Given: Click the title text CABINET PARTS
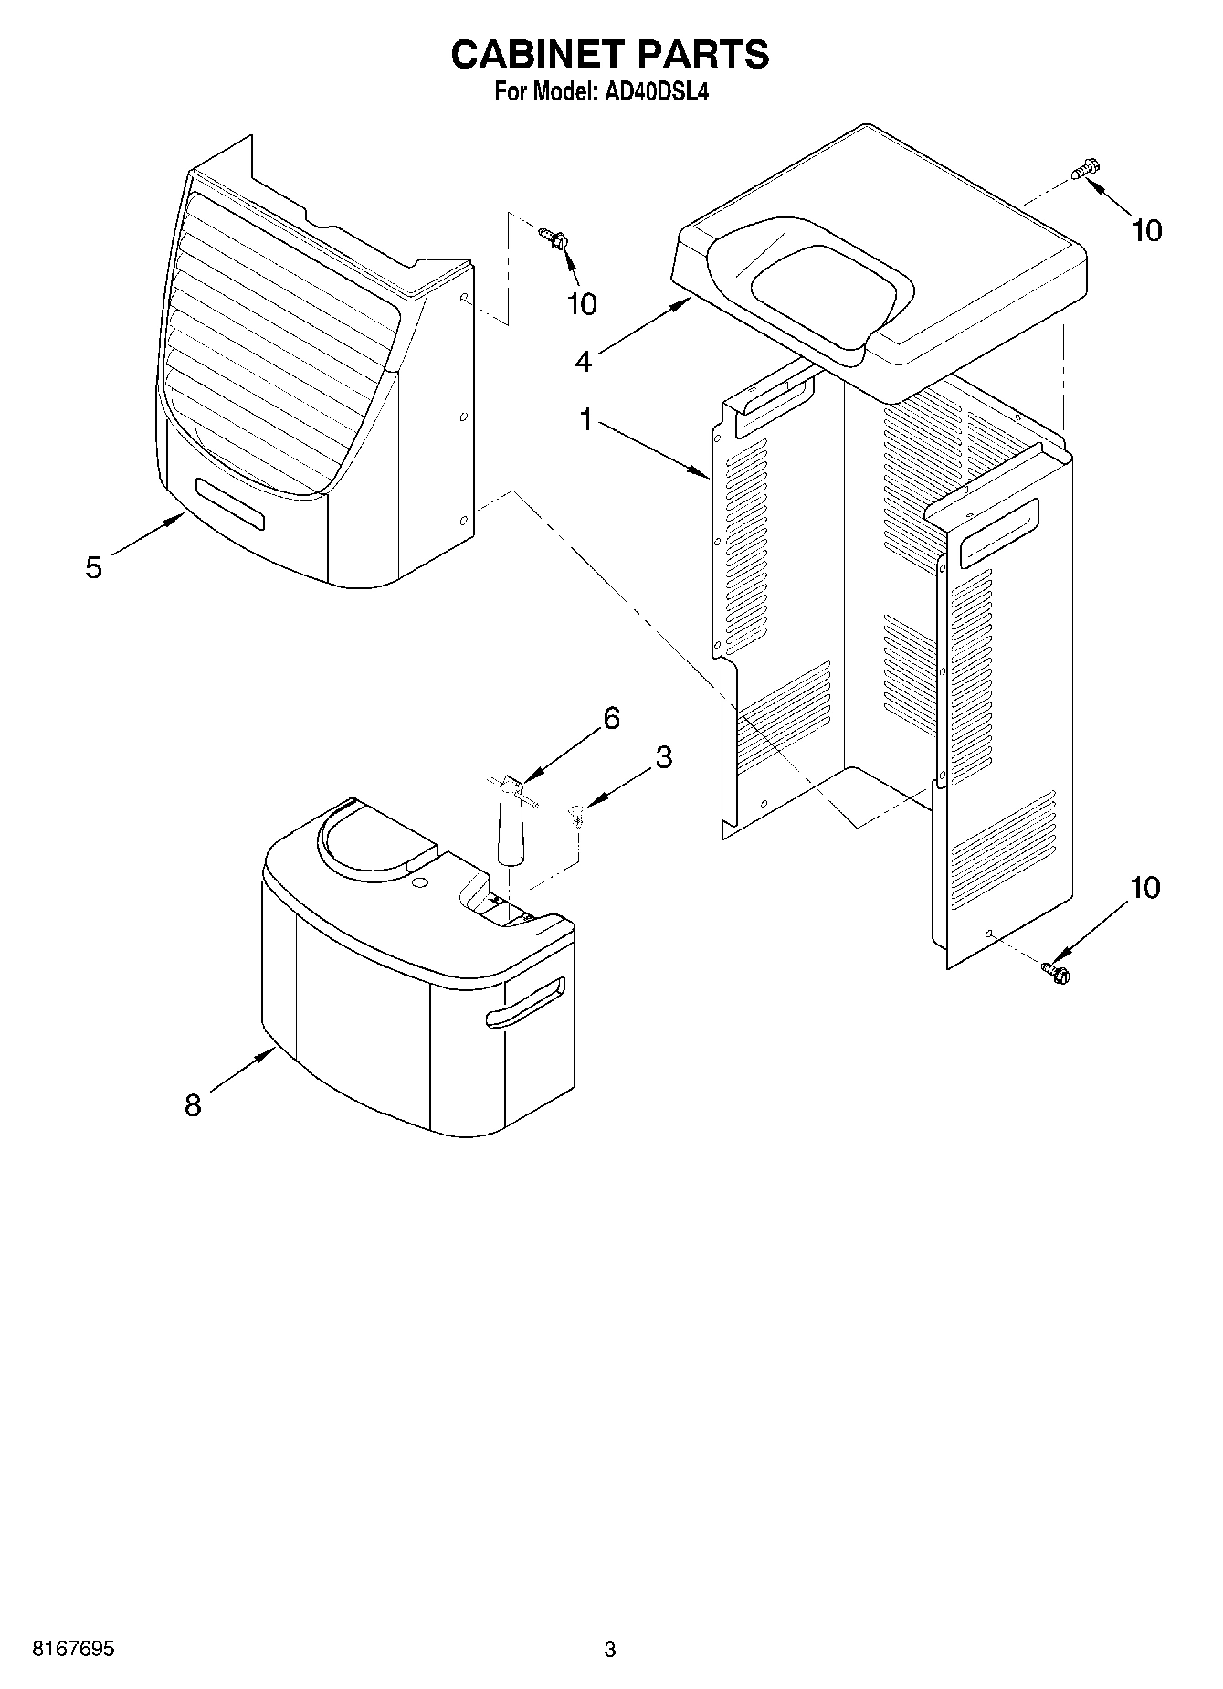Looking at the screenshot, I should click(x=610, y=55).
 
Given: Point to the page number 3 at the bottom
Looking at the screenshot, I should click(x=610, y=1650).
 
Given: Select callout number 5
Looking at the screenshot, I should click(x=93, y=567).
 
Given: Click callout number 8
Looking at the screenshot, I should click(x=193, y=1105).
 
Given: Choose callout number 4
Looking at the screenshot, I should click(x=583, y=361).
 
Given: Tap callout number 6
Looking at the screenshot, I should click(x=610, y=718).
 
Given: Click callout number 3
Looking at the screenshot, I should click(x=663, y=756).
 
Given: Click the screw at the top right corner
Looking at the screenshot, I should click(x=1086, y=169).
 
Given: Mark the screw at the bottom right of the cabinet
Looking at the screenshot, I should click(x=1057, y=972).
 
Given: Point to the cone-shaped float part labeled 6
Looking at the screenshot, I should click(x=510, y=822).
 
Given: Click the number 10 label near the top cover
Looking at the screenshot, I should click(x=1146, y=230).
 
